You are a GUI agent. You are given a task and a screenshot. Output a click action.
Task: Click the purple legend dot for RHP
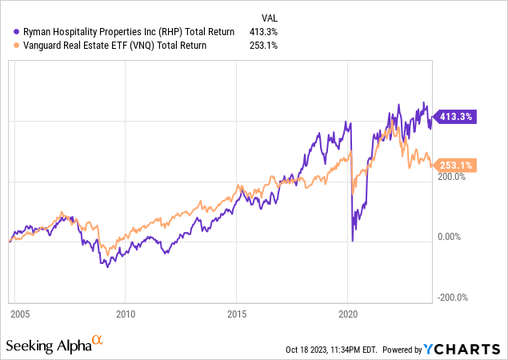(x=16, y=32)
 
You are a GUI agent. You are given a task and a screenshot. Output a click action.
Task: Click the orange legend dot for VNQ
(x=16, y=46)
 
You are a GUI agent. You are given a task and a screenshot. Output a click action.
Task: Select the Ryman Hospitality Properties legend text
(x=129, y=32)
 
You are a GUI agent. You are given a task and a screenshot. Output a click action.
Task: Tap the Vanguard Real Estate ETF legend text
(x=114, y=46)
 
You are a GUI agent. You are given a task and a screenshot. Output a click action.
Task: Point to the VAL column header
(x=270, y=18)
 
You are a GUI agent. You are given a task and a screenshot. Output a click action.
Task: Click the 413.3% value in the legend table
(x=263, y=32)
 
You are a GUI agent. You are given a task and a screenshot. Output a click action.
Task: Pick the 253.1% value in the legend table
(x=263, y=46)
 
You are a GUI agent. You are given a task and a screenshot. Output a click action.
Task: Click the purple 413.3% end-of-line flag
(x=454, y=117)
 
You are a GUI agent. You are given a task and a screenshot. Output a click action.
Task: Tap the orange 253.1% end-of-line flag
(x=454, y=166)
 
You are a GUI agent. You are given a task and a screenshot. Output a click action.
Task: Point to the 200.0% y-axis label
(x=451, y=177)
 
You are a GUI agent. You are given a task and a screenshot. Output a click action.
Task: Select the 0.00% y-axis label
(x=449, y=237)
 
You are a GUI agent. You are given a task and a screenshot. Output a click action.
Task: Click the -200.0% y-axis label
(x=453, y=298)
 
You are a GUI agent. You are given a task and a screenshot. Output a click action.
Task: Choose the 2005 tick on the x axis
(x=20, y=314)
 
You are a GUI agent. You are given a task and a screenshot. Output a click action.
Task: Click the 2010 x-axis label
(x=126, y=314)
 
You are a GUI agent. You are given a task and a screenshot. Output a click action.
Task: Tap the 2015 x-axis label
(x=237, y=314)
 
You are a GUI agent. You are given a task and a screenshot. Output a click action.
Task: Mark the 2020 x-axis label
(x=348, y=314)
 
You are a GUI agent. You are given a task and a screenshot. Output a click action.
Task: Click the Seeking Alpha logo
(x=54, y=345)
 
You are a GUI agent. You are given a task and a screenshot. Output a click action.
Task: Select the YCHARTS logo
(x=462, y=350)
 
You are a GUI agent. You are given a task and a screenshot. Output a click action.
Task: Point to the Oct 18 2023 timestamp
(x=331, y=350)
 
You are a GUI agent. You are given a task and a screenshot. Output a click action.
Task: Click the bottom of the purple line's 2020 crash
(x=353, y=241)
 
